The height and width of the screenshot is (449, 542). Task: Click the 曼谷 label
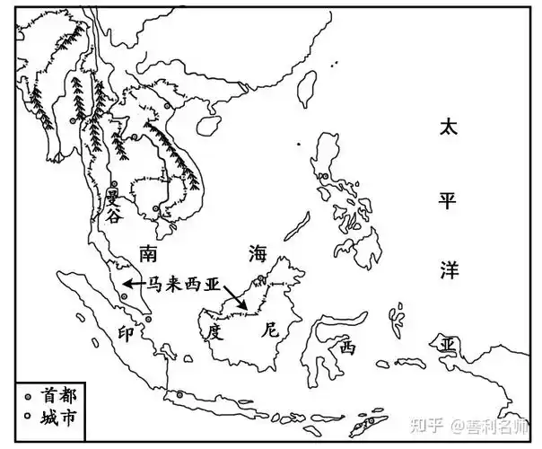pyautogui.click(x=112, y=207)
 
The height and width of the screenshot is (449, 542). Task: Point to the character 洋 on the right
pyautogui.click(x=447, y=269)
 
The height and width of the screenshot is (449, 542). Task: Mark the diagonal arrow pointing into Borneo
pyautogui.click(x=234, y=297)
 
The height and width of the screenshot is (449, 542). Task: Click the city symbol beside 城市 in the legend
pyautogui.click(x=27, y=417)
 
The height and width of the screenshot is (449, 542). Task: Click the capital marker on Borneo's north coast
pyautogui.click(x=260, y=277)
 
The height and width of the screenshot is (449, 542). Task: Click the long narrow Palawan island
pyautogui.click(x=298, y=224)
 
